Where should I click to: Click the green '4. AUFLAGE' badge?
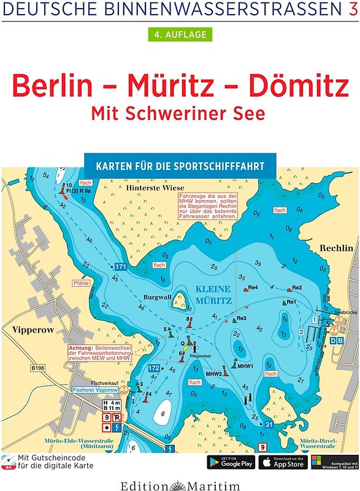click(x=180, y=34)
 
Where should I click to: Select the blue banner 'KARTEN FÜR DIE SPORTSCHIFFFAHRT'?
click(x=180, y=166)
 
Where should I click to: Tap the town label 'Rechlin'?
click(x=336, y=248)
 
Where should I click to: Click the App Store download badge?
click(x=283, y=462)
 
